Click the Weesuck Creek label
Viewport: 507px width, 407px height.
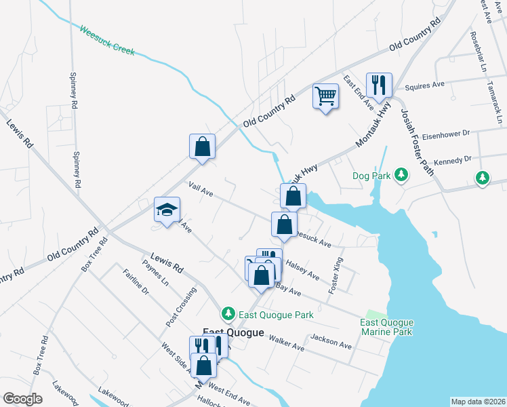(107, 41)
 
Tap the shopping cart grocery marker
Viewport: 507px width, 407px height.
(325, 96)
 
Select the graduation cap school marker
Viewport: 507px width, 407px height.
(166, 210)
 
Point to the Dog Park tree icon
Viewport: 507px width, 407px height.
(401, 176)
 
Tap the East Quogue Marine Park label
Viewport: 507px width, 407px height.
(386, 328)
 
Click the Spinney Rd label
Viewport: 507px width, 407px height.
(74, 91)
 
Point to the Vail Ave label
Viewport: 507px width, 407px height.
(201, 189)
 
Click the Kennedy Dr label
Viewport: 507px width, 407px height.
(448, 159)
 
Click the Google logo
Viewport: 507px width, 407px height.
(22, 399)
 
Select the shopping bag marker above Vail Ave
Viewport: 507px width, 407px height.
(202, 147)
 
